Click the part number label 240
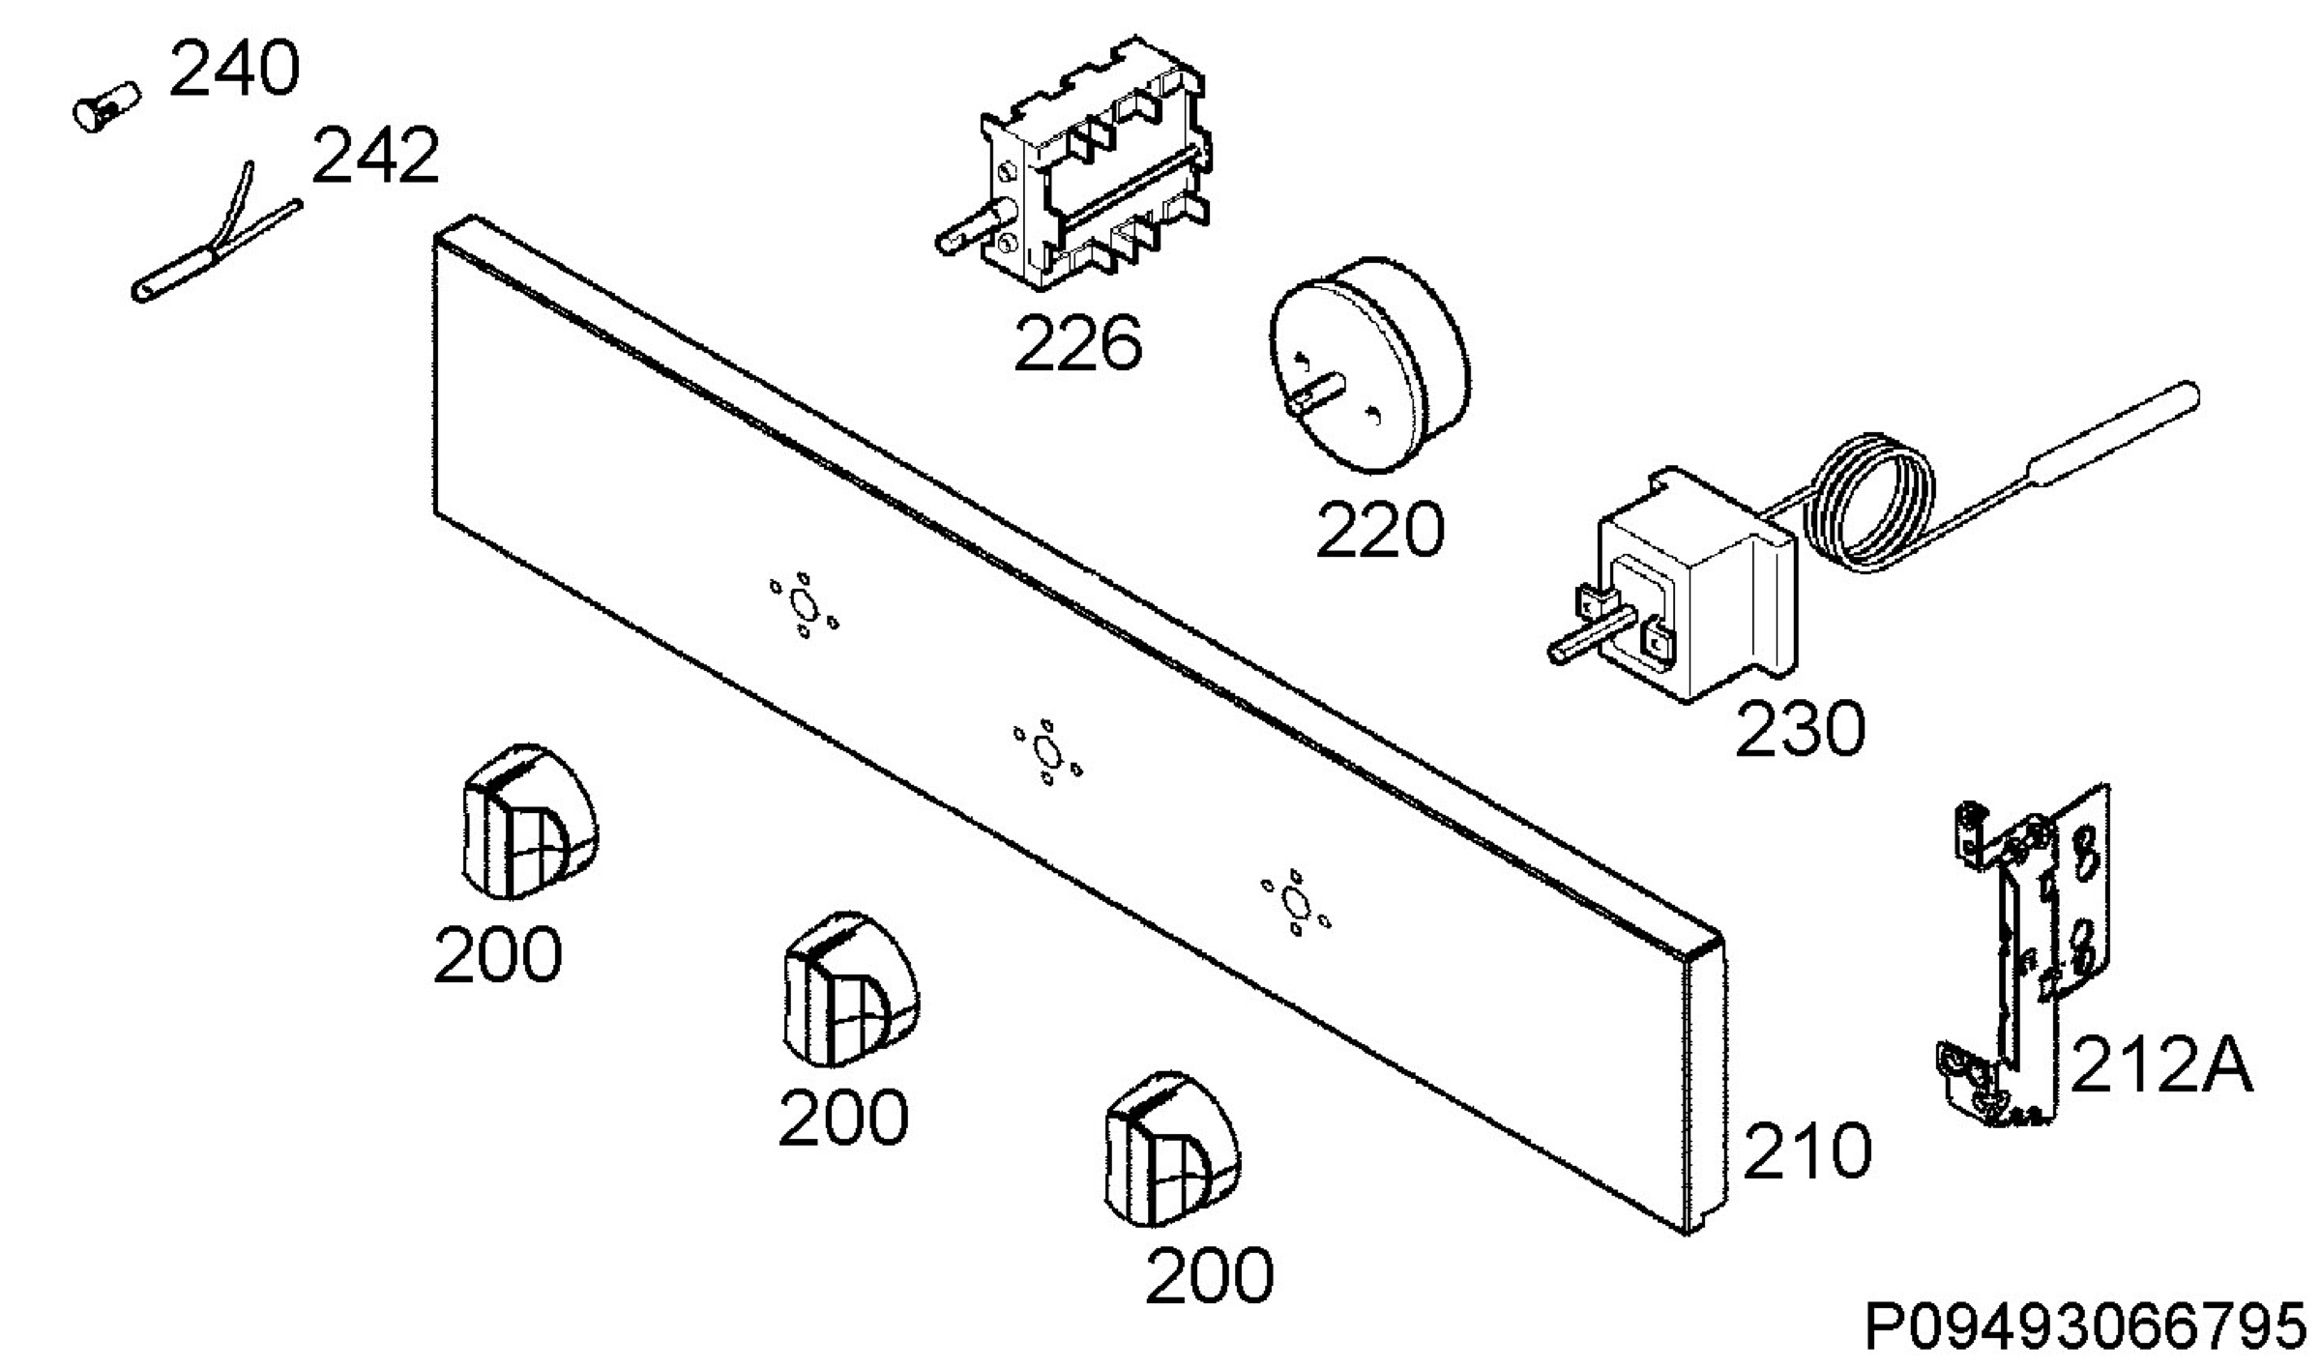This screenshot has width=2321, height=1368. click(234, 69)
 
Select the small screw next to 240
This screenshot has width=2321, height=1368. click(106, 105)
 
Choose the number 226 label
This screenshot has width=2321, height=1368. click(1077, 342)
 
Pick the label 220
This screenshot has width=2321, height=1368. click(1379, 529)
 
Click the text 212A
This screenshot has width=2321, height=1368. click(2161, 1064)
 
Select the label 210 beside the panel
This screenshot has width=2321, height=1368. click(1807, 1150)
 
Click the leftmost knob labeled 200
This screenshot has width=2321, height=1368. click(527, 821)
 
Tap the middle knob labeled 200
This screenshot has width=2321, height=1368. click(849, 988)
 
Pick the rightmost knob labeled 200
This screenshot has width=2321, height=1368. click(1172, 1149)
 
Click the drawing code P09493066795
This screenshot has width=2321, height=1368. click(2085, 1327)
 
